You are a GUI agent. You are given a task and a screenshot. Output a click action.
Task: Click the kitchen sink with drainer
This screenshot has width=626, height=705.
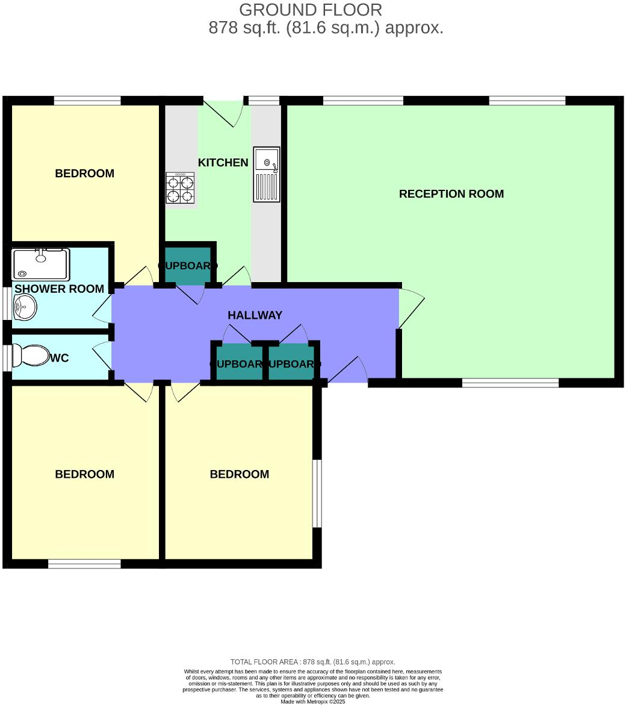coord(266,174)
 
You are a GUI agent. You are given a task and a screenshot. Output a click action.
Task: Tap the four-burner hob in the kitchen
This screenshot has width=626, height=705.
coord(180,188)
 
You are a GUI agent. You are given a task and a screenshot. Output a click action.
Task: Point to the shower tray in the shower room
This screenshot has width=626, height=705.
coord(40,265)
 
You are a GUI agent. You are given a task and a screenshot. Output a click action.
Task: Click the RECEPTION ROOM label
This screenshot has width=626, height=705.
coord(451,193)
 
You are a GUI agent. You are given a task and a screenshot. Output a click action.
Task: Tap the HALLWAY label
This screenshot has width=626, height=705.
coord(255,315)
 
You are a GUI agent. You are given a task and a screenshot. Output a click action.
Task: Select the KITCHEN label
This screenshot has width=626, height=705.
coord(223,163)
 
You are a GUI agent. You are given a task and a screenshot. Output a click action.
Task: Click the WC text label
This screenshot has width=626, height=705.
coord(60,358)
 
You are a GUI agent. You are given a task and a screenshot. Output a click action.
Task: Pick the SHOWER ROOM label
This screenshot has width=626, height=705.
coord(59,289)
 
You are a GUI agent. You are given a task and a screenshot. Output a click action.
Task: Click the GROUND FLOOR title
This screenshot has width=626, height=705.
coord(310,10)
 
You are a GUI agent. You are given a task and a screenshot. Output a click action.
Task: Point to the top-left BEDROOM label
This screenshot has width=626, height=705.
coord(84,174)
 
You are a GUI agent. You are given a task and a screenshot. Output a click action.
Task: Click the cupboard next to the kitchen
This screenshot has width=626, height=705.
coord(187,265)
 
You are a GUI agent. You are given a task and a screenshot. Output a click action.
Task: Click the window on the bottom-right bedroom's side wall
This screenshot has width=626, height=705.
coord(317,493)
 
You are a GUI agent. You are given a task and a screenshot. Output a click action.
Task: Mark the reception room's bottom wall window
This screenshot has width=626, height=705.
coord(510,382)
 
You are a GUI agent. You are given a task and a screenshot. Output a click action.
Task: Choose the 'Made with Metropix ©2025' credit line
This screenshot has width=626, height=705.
coord(312,701)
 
